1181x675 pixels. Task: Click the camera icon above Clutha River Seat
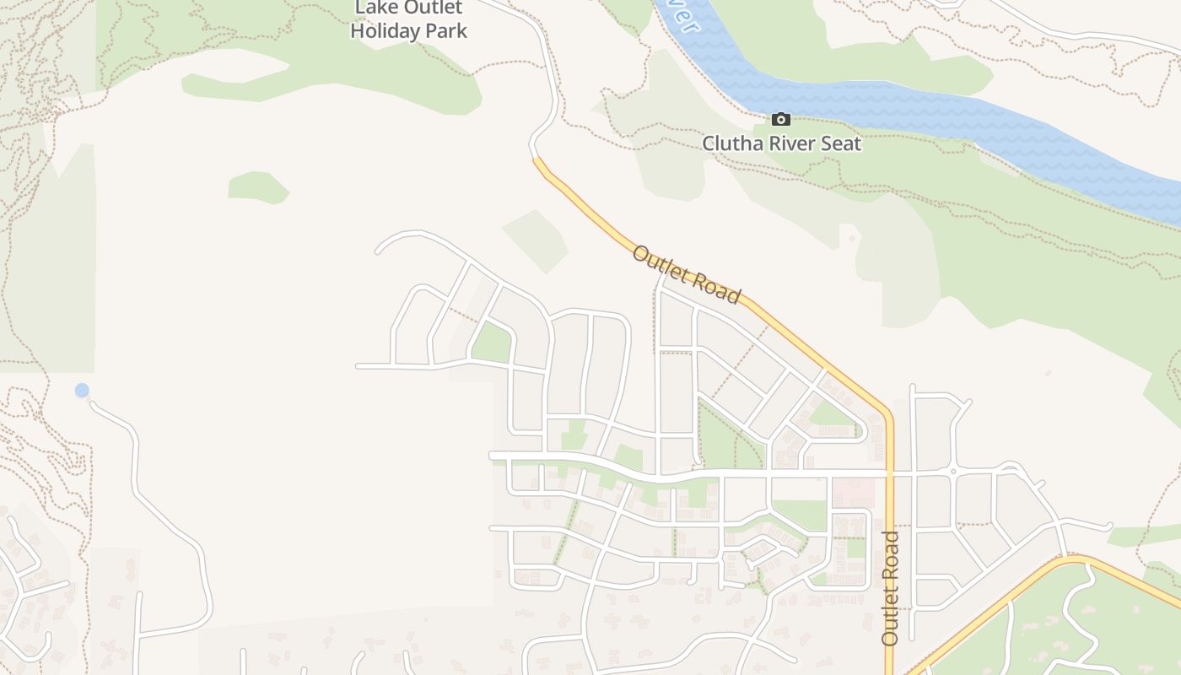click(x=781, y=119)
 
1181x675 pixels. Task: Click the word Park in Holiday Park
click(x=447, y=31)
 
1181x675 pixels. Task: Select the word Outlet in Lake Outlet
click(x=431, y=8)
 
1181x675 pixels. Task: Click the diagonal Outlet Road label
click(x=686, y=274)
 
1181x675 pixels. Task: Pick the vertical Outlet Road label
click(x=890, y=588)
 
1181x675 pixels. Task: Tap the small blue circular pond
click(x=82, y=390)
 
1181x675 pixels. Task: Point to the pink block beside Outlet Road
click(x=854, y=493)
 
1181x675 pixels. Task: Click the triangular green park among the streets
click(x=493, y=343)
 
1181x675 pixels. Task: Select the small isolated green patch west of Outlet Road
click(x=257, y=186)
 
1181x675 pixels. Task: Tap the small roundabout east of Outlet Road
click(x=952, y=472)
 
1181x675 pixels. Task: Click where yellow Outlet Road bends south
click(x=886, y=413)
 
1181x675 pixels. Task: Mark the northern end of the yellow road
click(x=535, y=159)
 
